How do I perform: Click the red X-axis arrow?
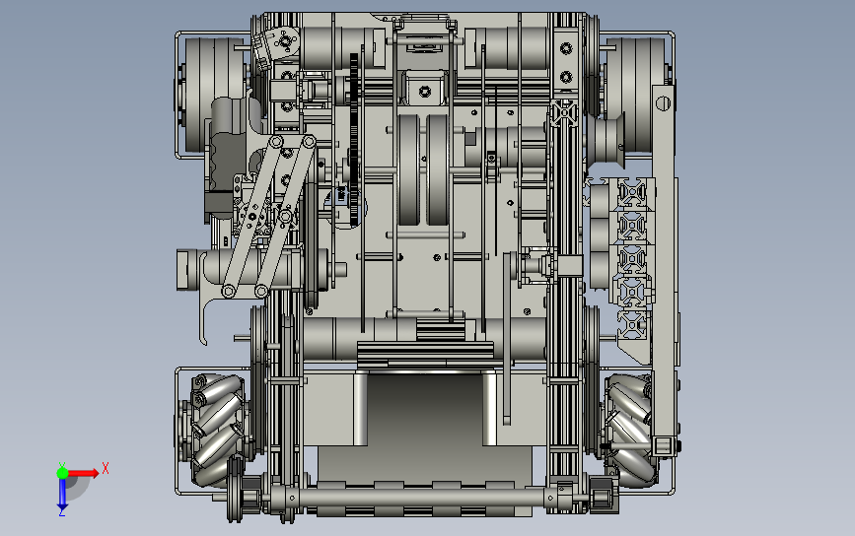point(83,472)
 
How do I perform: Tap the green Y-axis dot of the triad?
point(62,473)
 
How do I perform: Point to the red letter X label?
point(106,468)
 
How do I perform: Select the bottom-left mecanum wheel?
point(215,431)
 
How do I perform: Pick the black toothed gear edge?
point(354,140)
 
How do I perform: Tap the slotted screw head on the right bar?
point(663,102)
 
